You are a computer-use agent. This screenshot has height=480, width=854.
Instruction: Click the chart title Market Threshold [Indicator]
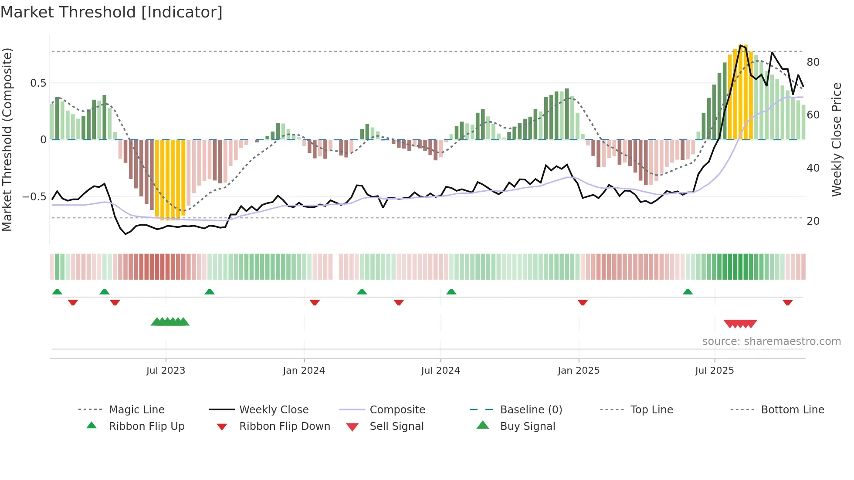(x=112, y=12)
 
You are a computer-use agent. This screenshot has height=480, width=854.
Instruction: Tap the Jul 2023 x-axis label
(x=166, y=371)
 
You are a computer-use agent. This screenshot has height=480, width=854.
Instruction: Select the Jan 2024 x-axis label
(x=304, y=371)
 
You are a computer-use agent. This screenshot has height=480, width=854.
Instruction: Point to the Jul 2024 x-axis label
(x=440, y=371)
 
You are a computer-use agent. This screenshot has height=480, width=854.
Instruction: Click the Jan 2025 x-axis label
(x=578, y=371)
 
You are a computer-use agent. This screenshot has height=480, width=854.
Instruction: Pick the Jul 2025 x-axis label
(x=714, y=371)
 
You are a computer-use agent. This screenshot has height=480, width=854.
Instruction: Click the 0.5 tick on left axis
(x=38, y=83)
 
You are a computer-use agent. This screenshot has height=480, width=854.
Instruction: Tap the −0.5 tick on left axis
(x=34, y=197)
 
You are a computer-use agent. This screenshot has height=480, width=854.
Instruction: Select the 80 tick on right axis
(x=813, y=62)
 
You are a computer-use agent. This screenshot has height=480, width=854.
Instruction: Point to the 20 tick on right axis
(x=813, y=221)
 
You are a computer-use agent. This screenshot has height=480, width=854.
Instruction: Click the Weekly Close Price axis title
(x=836, y=139)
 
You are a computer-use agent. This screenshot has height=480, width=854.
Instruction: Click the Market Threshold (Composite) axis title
(x=7, y=139)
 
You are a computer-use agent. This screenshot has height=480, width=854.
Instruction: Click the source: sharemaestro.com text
(x=771, y=341)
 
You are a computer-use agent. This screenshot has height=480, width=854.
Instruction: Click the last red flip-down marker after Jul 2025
(x=787, y=302)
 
